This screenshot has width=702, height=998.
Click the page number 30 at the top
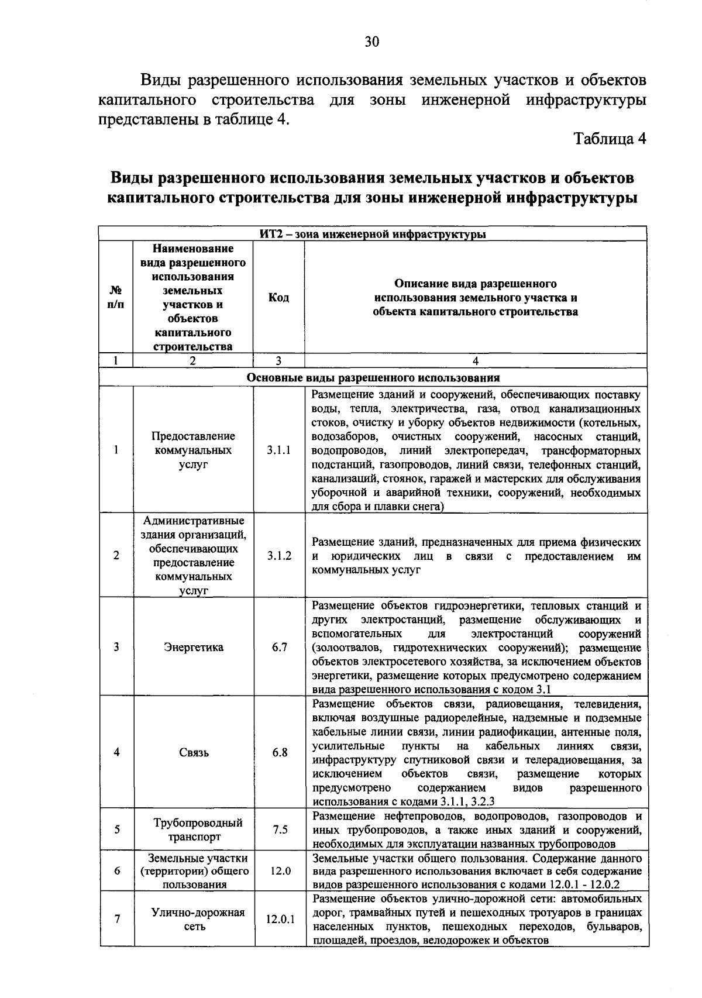click(372, 41)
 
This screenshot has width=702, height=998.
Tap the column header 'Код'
click(278, 298)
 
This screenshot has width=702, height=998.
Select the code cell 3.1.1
click(279, 450)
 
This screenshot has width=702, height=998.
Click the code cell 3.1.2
click(279, 556)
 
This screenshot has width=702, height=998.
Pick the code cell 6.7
click(279, 648)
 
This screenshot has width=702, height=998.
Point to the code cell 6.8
click(280, 752)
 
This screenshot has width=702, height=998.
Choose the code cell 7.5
click(280, 830)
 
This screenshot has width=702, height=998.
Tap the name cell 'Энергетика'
click(194, 648)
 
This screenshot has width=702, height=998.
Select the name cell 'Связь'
click(194, 753)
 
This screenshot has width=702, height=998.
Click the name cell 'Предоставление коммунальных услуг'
click(194, 450)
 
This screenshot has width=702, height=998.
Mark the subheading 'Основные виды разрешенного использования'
click(373, 377)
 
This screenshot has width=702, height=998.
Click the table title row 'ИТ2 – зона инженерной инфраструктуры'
click(373, 235)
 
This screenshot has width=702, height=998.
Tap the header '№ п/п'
click(116, 298)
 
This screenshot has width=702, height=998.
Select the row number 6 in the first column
click(117, 870)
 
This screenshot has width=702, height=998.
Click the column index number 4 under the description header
click(475, 361)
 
